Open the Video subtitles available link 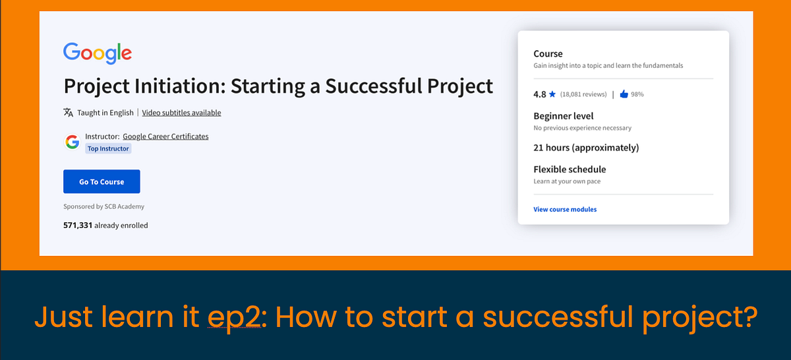click(x=181, y=113)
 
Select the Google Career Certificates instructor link click(x=165, y=136)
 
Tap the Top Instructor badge click(x=109, y=149)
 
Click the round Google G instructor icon click(x=73, y=141)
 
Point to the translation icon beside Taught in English click(x=69, y=113)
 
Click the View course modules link click(x=565, y=210)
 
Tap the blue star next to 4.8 click(x=552, y=94)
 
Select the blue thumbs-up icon click(x=624, y=94)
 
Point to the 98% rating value click(x=637, y=94)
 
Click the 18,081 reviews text click(x=583, y=94)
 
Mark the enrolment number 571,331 click(x=78, y=225)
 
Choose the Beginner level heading click(x=563, y=116)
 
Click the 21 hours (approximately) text click(x=586, y=148)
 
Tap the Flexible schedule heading click(x=570, y=169)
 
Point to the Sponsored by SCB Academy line click(x=103, y=206)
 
